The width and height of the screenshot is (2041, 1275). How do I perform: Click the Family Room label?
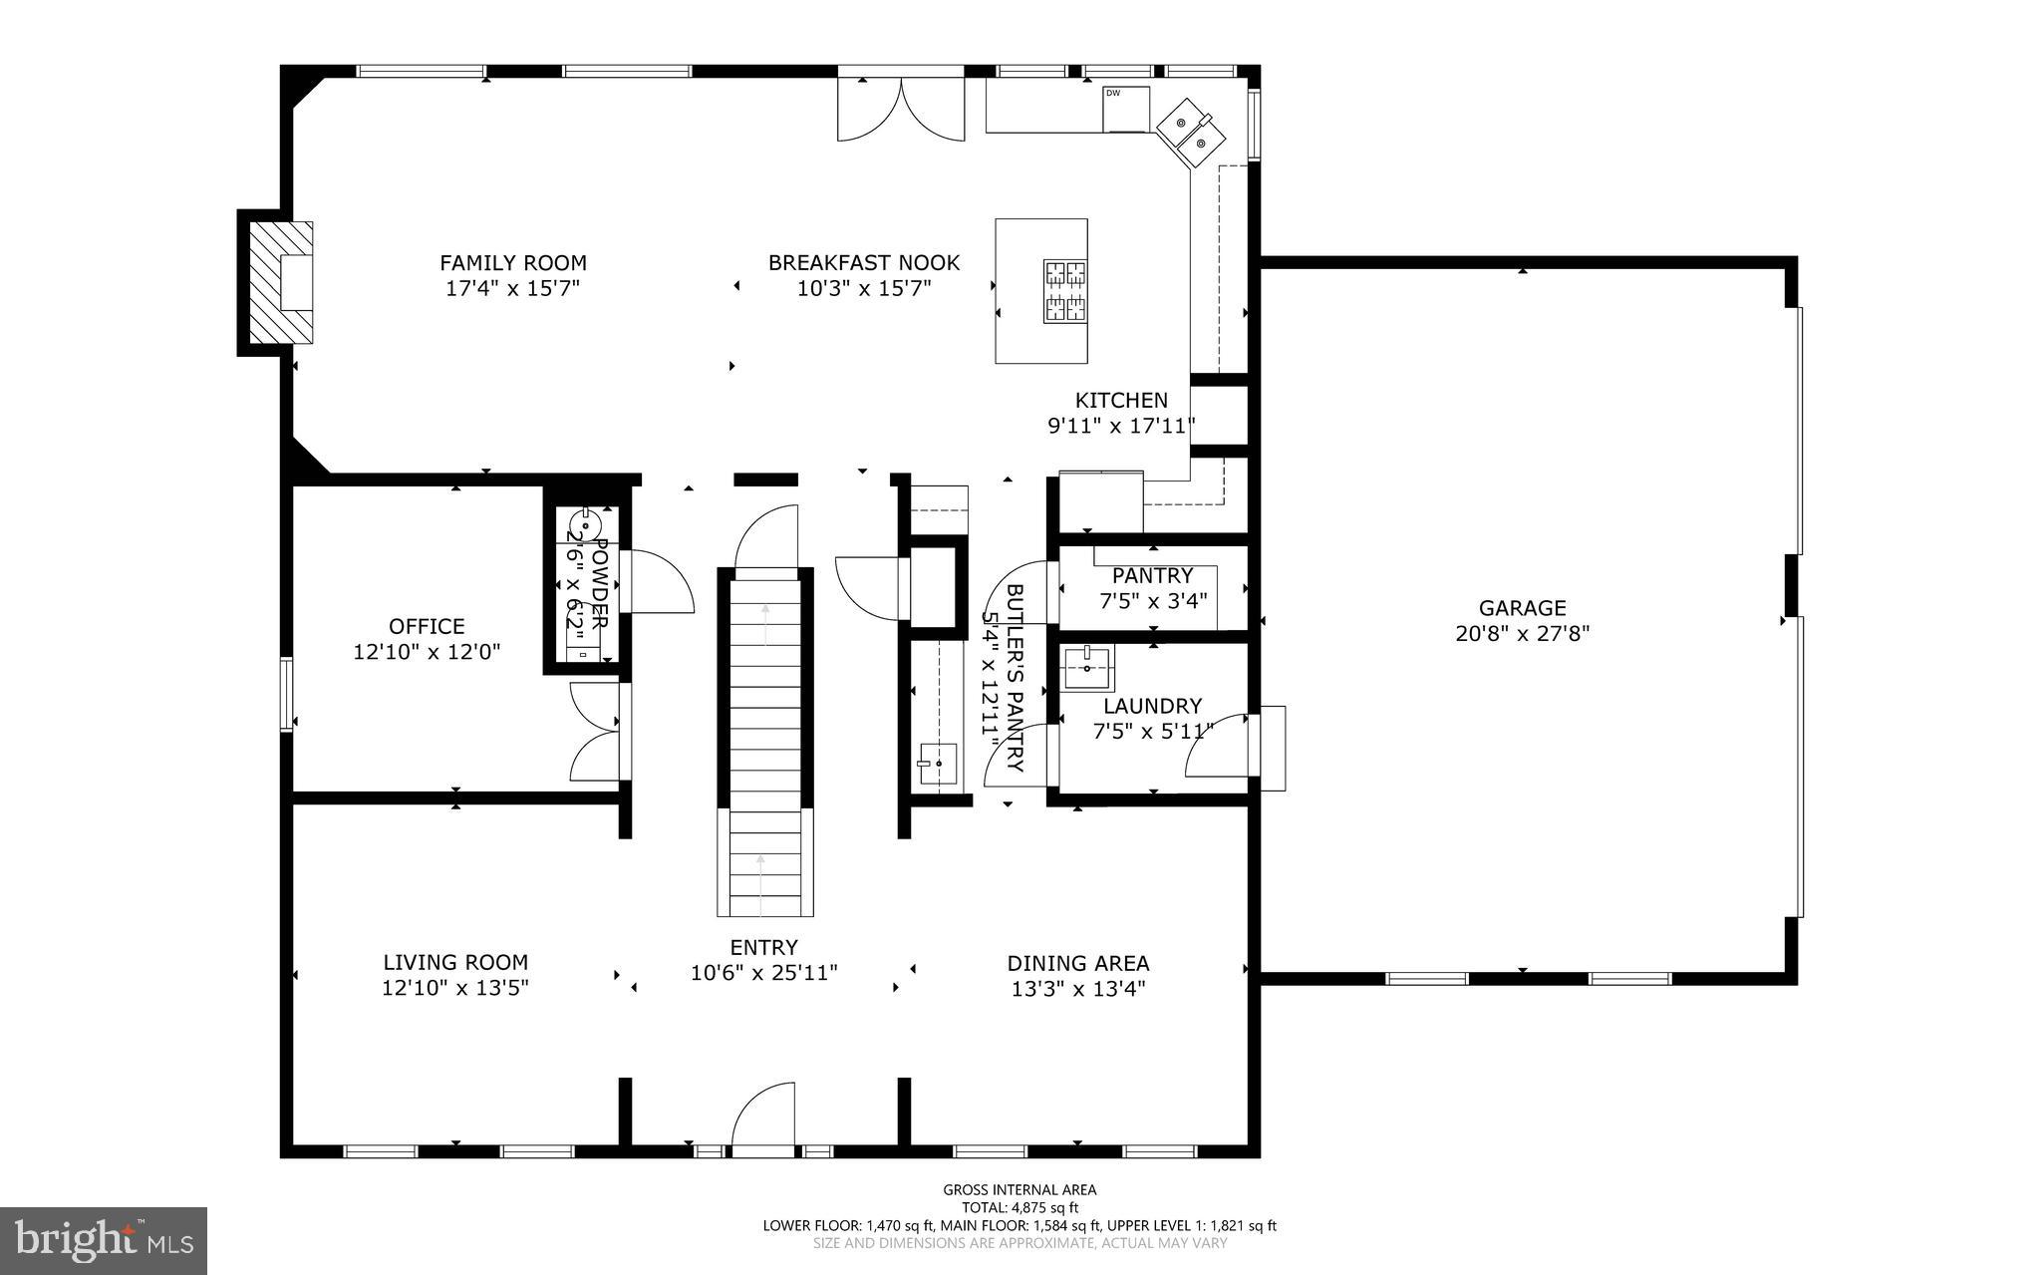512,263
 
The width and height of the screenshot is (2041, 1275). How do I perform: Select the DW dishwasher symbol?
1125,108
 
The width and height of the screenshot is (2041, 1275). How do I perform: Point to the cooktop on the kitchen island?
1064,291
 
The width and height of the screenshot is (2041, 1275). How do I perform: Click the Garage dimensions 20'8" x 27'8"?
1522,633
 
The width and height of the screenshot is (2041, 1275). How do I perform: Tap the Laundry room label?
1152,706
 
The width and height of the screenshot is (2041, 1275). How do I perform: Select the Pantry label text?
1152,575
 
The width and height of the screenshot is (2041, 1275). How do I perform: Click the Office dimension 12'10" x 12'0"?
427,652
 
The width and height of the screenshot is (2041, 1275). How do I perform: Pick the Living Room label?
455,962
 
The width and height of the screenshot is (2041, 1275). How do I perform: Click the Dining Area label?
1077,963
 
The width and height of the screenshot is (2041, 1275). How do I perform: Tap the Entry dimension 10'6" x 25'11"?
763,973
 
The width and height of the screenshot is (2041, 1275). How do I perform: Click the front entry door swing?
762,1116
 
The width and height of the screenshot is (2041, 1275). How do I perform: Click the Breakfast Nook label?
863,263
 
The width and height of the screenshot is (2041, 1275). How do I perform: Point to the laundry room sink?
1087,668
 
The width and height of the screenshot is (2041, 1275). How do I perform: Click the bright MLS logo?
104,1240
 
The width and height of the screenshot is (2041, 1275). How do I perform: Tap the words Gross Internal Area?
1020,1189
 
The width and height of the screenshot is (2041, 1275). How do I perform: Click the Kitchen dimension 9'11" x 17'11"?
1120,426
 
